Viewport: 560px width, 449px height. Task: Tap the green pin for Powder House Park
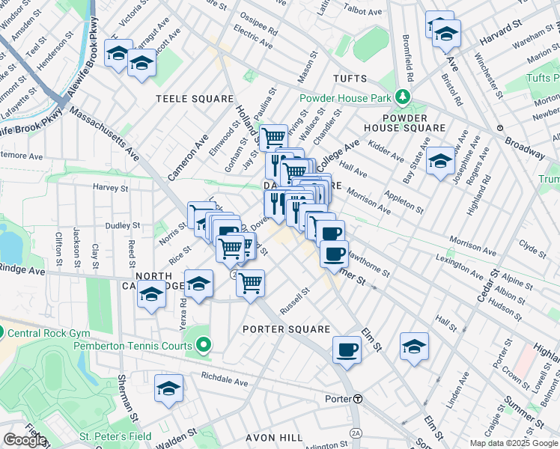[x=403, y=97]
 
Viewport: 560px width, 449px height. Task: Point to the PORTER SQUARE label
[x=286, y=329]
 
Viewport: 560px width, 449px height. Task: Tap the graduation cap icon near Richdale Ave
[x=169, y=388]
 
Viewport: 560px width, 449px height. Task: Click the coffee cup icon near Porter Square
[x=347, y=349]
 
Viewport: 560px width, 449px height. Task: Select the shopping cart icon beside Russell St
[x=251, y=282]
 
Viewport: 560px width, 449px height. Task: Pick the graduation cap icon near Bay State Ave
[x=440, y=159]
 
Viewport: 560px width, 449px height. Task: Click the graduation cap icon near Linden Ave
[x=414, y=345]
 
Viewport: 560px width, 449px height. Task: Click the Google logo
[x=25, y=439]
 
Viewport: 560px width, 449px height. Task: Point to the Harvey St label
[x=106, y=186]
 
